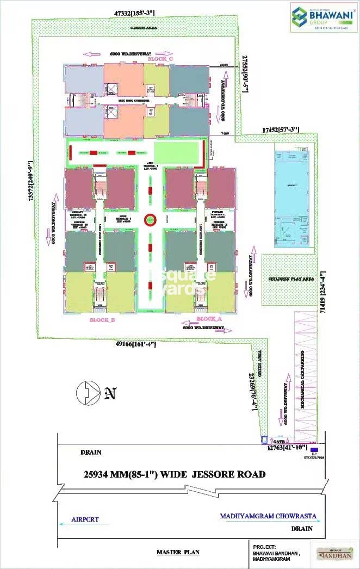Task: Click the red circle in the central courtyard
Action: tap(150, 220)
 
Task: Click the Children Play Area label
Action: tap(291, 279)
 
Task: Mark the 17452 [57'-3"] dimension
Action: tap(282, 130)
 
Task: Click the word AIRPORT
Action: tap(85, 519)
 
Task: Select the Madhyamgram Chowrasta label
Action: tap(268, 516)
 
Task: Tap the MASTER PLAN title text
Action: tap(178, 552)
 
